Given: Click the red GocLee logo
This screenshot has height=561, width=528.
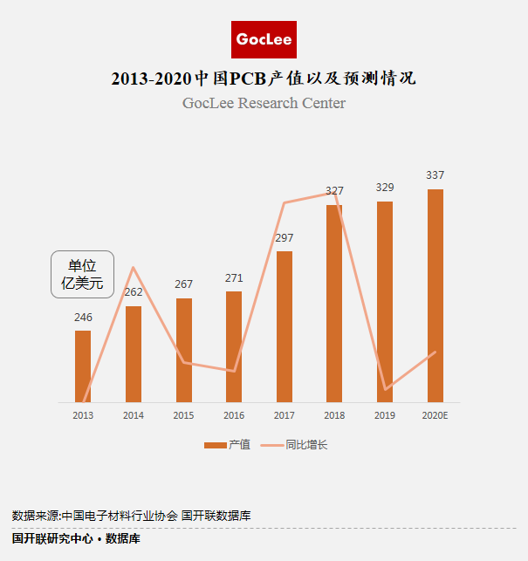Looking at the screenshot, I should tap(264, 39).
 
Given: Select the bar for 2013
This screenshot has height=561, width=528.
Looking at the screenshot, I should tap(83, 366).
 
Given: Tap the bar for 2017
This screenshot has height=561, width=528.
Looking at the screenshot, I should tap(284, 327).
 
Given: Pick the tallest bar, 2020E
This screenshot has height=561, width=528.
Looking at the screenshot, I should tap(435, 296).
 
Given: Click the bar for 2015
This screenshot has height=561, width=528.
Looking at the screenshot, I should tap(183, 350).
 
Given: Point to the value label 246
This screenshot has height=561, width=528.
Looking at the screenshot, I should tap(83, 318).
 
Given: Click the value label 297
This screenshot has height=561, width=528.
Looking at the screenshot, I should tap(284, 238).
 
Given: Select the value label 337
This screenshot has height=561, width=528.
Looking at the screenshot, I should tap(435, 175).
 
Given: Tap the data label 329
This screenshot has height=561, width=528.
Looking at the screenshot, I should tap(385, 188).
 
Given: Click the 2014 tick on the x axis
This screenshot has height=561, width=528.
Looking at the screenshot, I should tap(134, 415).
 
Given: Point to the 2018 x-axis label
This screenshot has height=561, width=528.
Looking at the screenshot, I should tap(334, 415).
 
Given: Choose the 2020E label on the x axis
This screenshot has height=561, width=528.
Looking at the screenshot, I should tap(435, 415).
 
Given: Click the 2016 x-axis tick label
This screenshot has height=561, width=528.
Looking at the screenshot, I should tap(234, 415).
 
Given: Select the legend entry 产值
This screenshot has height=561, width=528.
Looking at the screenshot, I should tap(228, 445).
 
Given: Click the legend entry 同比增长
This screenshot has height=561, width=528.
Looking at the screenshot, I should tap(297, 445).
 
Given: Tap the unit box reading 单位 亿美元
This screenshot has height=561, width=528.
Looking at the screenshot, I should tap(82, 274).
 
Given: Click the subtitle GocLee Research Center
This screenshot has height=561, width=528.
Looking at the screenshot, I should tap(264, 103).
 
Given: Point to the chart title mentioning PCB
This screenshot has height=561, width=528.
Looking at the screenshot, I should tap(264, 79).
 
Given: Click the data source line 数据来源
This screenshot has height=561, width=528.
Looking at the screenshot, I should tap(132, 516).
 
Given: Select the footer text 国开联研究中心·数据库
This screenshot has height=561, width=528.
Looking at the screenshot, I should tap(76, 539).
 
